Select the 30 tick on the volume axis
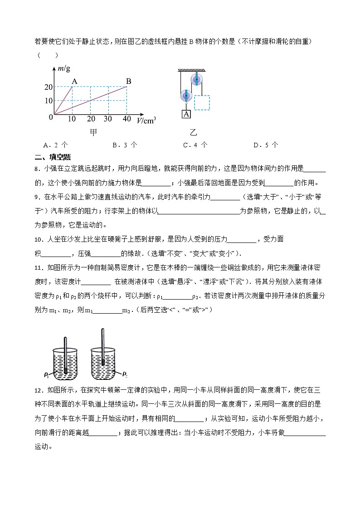(x=108, y=119)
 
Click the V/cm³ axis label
(x=146, y=121)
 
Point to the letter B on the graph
(x=128, y=82)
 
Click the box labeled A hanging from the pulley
(x=186, y=114)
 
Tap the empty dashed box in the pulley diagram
(x=202, y=102)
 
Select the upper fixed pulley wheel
(x=197, y=80)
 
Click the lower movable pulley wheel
(x=185, y=96)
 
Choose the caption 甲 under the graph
(x=93, y=132)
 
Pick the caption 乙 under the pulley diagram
(x=194, y=132)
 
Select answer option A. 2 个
(x=55, y=145)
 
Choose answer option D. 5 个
(x=266, y=145)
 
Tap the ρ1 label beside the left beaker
(x=47, y=374)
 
